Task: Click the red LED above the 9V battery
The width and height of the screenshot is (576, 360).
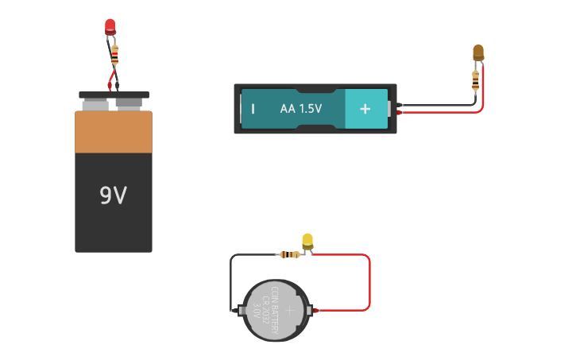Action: coord(110,26)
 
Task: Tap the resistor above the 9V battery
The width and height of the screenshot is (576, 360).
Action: coord(115,56)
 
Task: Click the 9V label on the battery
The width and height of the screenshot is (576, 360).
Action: coord(113,195)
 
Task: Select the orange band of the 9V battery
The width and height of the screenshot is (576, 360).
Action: coord(113,132)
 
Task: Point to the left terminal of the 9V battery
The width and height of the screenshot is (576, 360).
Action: coord(95,104)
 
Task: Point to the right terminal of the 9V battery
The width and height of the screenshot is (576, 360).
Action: coord(129,103)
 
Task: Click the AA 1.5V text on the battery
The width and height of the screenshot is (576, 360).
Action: coord(300,109)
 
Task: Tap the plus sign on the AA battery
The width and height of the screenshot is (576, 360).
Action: coord(365,109)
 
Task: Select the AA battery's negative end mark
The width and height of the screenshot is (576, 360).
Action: coord(253,109)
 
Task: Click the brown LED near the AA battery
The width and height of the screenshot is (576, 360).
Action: coord(477,52)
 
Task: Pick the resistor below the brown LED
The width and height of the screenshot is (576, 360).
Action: coord(475,79)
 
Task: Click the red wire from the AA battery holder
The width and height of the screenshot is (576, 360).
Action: coord(445,112)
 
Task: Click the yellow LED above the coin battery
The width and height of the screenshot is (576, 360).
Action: coord(307,240)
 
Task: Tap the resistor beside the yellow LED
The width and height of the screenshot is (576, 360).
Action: coord(290,254)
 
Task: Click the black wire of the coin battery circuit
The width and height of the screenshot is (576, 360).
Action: coord(231,278)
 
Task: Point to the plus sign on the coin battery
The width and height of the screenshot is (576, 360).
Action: coord(290,309)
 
